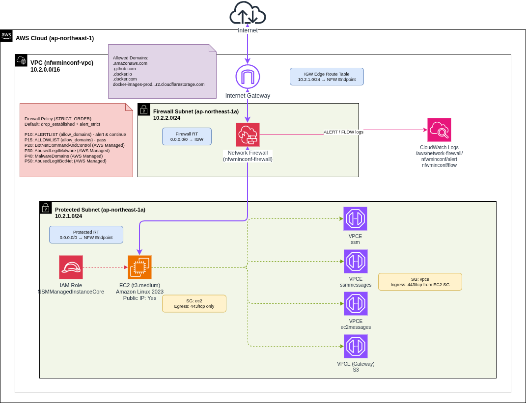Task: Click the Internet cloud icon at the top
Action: pos(248,14)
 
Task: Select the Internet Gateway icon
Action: pos(248,77)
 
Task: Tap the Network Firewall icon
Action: pos(248,135)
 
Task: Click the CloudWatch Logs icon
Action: pos(439,130)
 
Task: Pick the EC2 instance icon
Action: pos(139,268)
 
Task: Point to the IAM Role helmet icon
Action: pos(71,268)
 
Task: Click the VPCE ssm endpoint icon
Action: pos(355,219)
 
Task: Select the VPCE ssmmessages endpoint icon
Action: pos(356,262)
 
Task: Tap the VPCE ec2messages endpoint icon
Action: pos(356,304)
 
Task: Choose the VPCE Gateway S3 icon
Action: pos(356,347)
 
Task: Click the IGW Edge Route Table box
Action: pos(327,77)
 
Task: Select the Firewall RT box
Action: pos(187,136)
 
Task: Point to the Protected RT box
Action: pos(86,235)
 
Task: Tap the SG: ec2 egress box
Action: pos(194,303)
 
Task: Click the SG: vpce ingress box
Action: pos(420,282)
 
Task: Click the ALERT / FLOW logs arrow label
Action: pos(343,132)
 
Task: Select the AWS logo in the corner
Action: pos(6,35)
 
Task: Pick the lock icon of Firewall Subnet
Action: pos(144,109)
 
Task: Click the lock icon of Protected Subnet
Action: pos(46,208)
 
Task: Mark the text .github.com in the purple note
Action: pos(124,69)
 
